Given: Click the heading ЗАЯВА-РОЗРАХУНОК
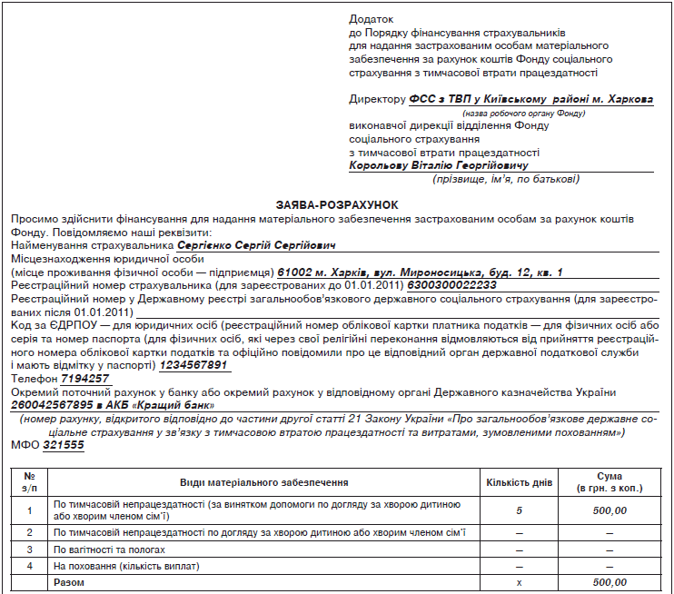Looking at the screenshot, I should point(336,206).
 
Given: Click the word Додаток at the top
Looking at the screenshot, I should point(372,19).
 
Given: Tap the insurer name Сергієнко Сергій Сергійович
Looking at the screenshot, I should point(256,245).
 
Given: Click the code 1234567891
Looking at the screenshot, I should point(194,366).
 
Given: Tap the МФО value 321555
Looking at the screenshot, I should point(63,445).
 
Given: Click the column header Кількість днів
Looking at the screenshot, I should point(519,482).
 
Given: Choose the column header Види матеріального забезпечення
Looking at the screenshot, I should point(263,482).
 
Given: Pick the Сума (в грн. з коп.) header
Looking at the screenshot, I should point(610,482).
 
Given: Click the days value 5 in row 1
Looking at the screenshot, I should point(519,510).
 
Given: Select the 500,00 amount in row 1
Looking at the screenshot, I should point(610,510).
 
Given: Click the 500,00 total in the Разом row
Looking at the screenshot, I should point(610,582).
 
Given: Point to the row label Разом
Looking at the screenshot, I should point(69,582).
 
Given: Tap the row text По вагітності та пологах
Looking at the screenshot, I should point(110,549).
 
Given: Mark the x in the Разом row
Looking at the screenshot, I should point(519,582).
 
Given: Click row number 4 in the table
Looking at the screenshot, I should point(30,566).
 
